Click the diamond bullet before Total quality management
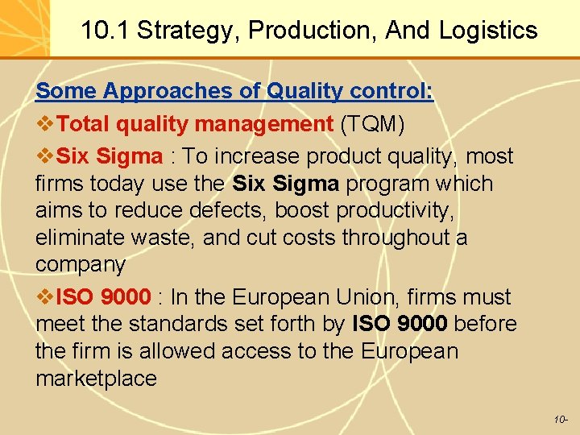click(45, 125)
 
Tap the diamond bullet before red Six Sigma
click(45, 155)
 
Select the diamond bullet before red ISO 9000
click(45, 297)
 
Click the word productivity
click(395, 211)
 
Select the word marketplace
click(96, 379)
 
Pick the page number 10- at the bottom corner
click(561, 420)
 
